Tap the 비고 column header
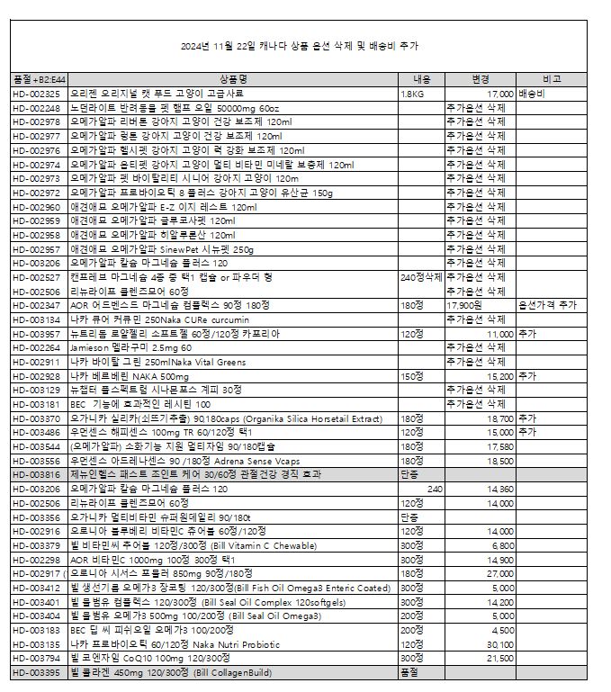[552, 80]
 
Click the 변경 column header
[481, 80]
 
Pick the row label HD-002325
[36, 94]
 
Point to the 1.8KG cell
[413, 94]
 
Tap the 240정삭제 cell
[421, 277]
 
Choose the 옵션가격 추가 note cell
[548, 305]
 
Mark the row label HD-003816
[36, 474]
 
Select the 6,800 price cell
[503, 544]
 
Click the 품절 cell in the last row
[409, 673]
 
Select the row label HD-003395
[36, 673]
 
